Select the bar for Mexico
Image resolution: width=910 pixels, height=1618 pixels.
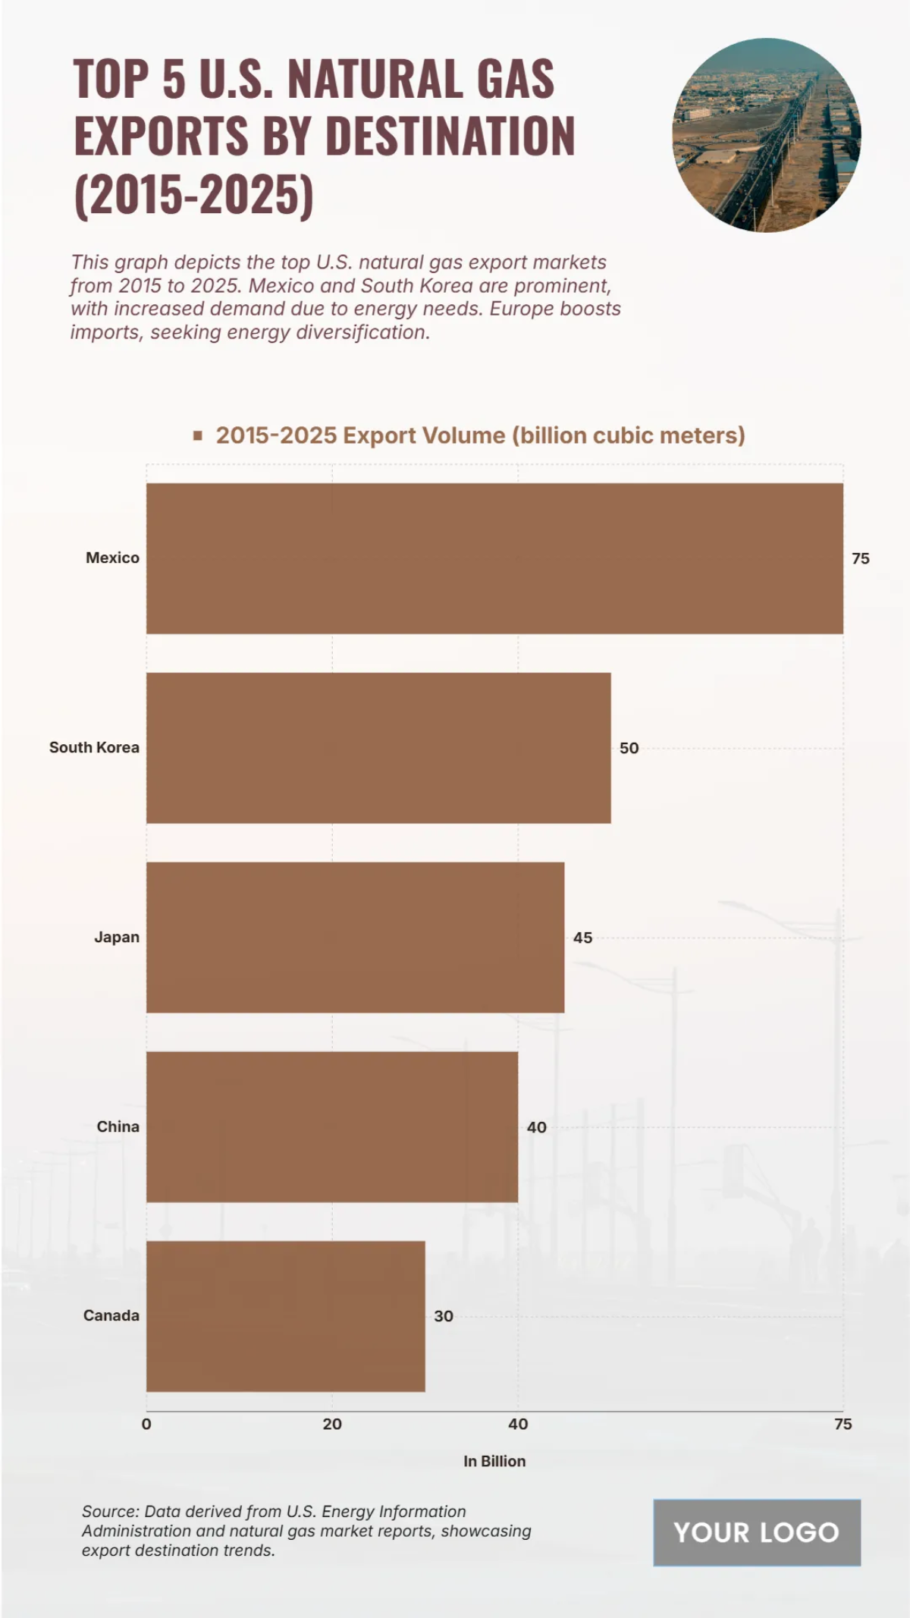494,558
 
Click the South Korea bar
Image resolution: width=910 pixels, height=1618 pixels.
378,748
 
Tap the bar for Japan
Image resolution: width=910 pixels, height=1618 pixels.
355,938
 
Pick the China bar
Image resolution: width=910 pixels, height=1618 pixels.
332,1127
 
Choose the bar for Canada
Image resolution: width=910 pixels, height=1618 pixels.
285,1316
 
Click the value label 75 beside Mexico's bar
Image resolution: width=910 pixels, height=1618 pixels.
860,559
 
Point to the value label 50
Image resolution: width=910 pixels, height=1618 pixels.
629,749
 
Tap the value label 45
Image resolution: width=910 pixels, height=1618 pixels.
582,938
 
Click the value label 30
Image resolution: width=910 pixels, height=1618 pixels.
443,1317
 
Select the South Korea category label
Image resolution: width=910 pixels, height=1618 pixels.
94,748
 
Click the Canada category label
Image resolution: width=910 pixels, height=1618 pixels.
111,1316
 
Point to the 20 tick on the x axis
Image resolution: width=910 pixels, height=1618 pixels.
332,1425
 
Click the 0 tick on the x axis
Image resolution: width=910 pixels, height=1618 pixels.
146,1425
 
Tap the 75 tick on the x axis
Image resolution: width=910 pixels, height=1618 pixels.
843,1425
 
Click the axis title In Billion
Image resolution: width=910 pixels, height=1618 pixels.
494,1462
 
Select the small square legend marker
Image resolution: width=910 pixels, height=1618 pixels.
198,435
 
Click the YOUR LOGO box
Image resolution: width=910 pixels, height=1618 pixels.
757,1533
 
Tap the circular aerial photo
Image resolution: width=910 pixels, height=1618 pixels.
766,135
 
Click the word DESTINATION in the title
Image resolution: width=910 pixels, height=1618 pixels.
450,137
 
